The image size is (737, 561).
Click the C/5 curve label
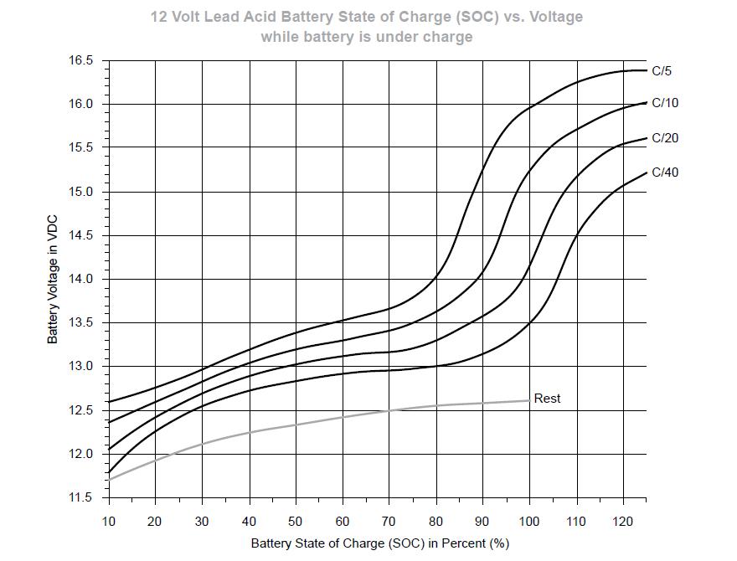[662, 71]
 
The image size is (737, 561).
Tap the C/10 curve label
[665, 103]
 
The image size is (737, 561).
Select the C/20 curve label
[665, 137]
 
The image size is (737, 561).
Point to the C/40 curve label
[665, 172]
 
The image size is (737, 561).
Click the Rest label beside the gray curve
[547, 399]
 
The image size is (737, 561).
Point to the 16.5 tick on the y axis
[81, 61]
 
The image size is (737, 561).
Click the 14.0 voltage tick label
[81, 280]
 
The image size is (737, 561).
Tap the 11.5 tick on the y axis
[81, 497]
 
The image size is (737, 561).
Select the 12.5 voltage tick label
[81, 410]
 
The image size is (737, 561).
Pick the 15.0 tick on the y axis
[81, 192]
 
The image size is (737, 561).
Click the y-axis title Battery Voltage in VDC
[52, 280]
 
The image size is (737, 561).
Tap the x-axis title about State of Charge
[379, 543]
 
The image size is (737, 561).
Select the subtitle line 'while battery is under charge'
[367, 37]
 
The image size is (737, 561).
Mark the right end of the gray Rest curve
[529, 400]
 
